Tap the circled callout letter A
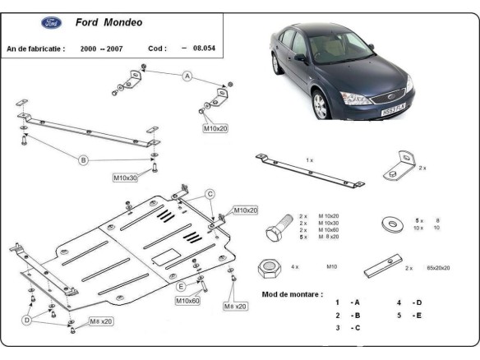click(187, 76)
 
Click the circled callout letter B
click(83, 160)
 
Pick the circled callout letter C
click(210, 194)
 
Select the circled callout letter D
click(27, 319)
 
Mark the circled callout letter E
click(180, 286)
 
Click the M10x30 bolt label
click(126, 177)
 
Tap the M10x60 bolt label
click(187, 301)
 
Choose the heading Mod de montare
click(292, 293)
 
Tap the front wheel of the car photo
click(322, 105)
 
